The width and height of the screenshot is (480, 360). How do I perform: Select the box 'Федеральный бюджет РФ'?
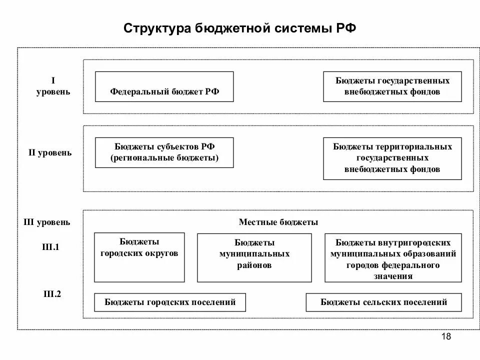(x=164, y=87)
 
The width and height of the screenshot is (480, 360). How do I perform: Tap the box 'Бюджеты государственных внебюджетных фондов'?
(x=392, y=86)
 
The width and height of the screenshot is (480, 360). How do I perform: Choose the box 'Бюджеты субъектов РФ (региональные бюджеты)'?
(x=164, y=152)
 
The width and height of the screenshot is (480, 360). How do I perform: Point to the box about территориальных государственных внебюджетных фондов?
(x=392, y=158)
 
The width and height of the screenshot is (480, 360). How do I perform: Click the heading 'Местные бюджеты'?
(x=278, y=222)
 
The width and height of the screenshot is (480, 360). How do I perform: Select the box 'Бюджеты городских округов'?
(x=139, y=257)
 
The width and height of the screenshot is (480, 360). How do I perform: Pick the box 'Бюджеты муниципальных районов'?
(x=254, y=257)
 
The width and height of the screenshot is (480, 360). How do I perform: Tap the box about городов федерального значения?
(x=392, y=257)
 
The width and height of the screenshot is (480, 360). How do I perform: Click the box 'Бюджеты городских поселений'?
(x=170, y=302)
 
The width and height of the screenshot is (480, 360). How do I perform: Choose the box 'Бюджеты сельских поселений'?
(x=383, y=302)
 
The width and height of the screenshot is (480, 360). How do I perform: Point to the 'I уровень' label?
(x=53, y=86)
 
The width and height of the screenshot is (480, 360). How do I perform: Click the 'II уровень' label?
(x=50, y=152)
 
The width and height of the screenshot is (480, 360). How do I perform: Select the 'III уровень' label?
(x=47, y=222)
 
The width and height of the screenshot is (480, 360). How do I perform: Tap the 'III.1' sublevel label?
(x=51, y=246)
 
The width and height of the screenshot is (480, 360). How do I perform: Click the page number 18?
(x=446, y=336)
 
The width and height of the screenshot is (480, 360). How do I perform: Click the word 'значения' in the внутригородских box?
(x=392, y=276)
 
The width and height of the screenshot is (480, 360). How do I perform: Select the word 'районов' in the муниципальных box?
(x=254, y=265)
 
